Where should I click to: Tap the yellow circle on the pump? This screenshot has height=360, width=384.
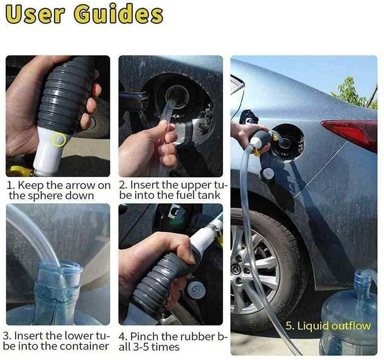coord(60,140)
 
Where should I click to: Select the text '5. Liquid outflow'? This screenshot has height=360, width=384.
coord(328,326)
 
